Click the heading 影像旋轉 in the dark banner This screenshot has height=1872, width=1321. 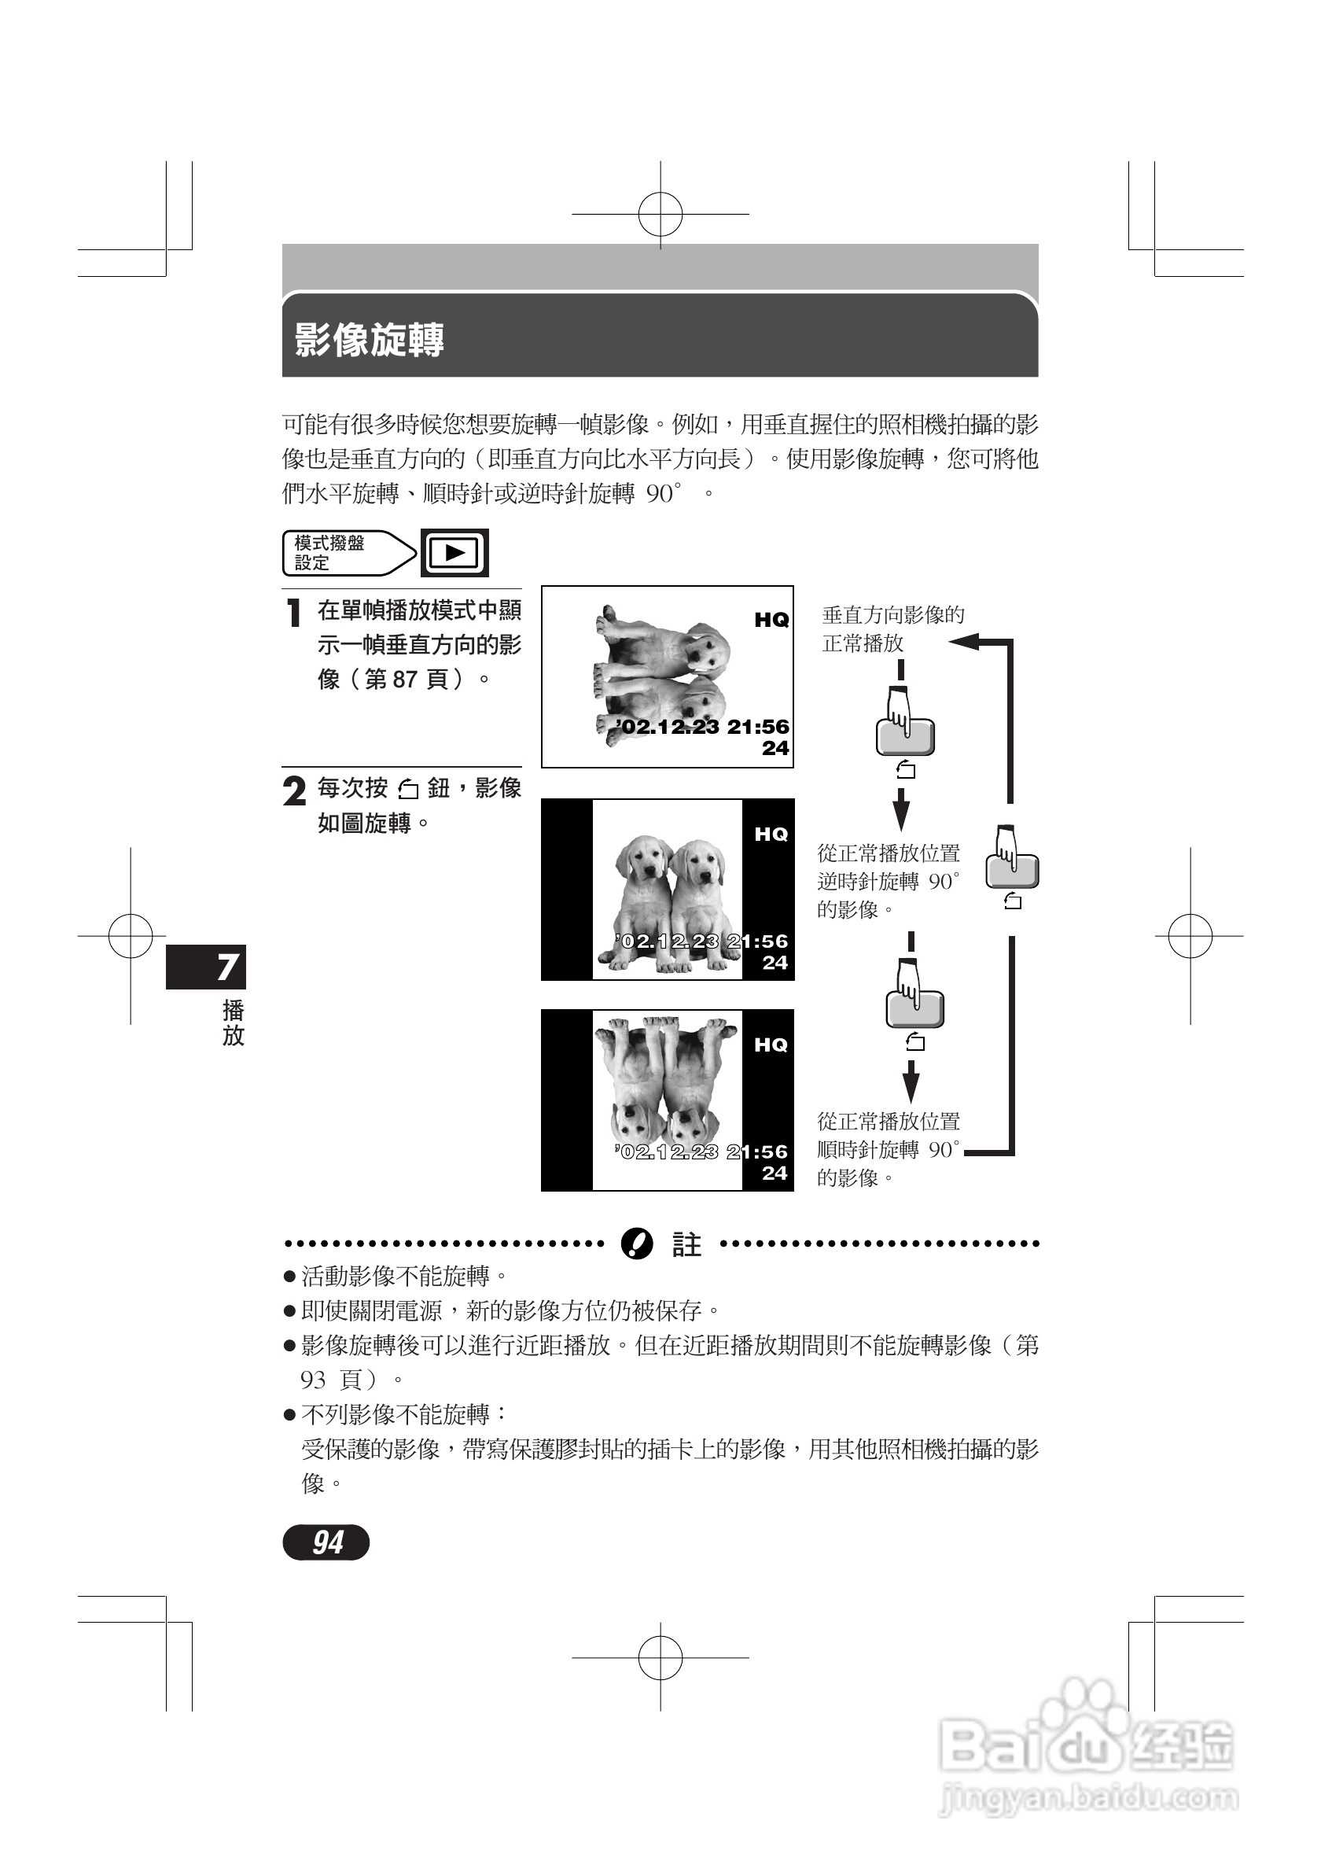[x=369, y=340]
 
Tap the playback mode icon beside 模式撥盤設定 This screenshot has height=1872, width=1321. [x=454, y=553]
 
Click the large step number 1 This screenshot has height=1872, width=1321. [x=294, y=614]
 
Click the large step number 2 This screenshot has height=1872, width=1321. [x=294, y=790]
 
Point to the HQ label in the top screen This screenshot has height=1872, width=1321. [x=771, y=621]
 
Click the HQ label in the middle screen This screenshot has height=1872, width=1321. [x=771, y=834]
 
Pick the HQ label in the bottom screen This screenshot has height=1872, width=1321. [x=771, y=1045]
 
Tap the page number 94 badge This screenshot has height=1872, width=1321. [x=326, y=1542]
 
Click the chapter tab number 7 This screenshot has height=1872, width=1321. [x=227, y=967]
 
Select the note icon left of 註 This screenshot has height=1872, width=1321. [x=636, y=1244]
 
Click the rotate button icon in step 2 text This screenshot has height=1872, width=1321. [x=407, y=789]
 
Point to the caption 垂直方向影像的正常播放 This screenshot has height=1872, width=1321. [x=892, y=628]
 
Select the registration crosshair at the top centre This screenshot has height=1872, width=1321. [x=660, y=215]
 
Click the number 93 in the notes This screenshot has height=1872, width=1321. [x=313, y=1380]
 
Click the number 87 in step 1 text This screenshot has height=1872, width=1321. [x=404, y=679]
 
